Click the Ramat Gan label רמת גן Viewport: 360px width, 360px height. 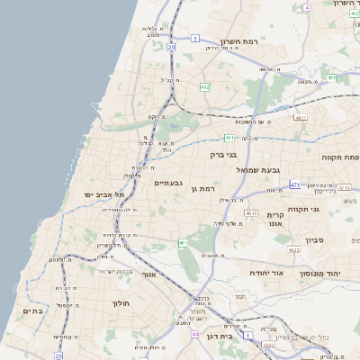207,189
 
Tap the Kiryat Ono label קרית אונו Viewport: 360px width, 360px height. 275,219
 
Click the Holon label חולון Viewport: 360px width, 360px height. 121,303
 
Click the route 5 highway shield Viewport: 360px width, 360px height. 195,39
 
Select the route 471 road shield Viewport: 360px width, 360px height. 294,184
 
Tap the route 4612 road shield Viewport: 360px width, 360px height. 249,213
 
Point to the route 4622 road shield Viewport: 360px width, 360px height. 293,249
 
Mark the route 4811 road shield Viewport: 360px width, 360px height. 301,118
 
